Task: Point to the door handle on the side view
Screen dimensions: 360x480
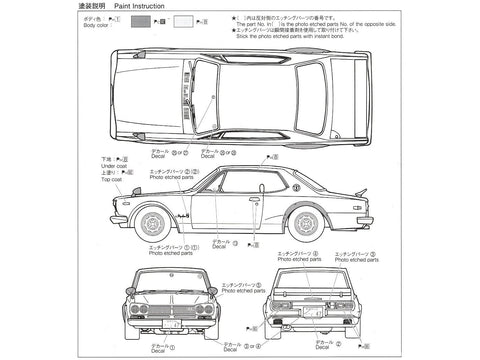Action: (x=254, y=199)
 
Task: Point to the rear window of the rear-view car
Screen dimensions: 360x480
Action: (x=316, y=279)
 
